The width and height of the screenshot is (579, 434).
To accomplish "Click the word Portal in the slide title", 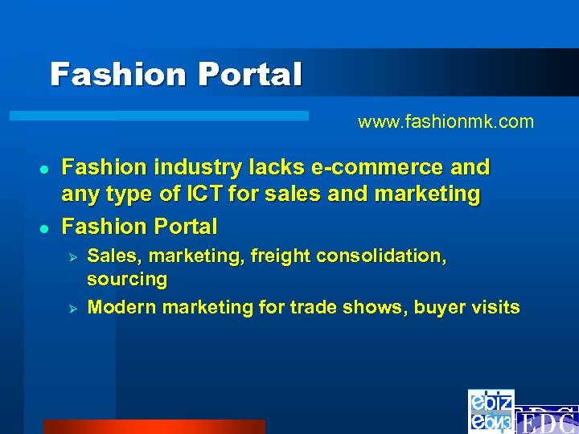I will pos(250,75).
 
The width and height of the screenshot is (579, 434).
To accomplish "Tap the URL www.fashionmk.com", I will pos(446,122).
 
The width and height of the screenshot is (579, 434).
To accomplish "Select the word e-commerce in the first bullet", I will pos(376,167).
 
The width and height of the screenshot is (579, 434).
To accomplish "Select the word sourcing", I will pos(127,280).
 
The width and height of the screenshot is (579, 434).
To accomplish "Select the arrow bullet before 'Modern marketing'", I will pos(71,308).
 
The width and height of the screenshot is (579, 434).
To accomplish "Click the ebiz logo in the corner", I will pos(491,411).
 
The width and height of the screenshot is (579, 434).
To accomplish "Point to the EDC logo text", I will pos(546,420).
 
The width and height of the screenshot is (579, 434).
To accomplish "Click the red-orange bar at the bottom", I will pos(154,426).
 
